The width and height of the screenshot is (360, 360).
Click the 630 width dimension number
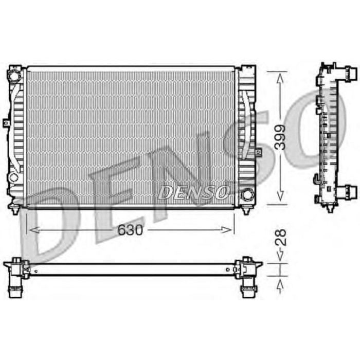(130, 231)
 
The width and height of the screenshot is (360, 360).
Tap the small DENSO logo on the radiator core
(193, 192)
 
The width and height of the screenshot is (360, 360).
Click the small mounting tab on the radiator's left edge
(6, 123)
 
